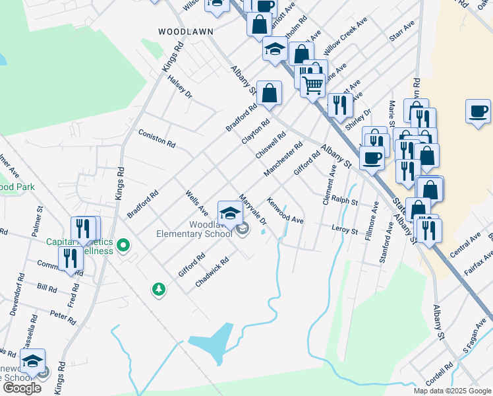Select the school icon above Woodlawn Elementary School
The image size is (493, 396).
[x=229, y=212]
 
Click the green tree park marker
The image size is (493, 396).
[x=158, y=289]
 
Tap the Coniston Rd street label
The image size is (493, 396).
[x=157, y=138]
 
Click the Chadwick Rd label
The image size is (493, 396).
[x=212, y=272]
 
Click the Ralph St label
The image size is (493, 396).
[x=344, y=199]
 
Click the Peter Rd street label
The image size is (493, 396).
[x=63, y=316]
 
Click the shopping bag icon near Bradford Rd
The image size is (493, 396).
[x=269, y=93]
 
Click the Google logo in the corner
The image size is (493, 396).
[x=21, y=388]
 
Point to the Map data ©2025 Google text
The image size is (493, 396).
[x=452, y=391]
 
